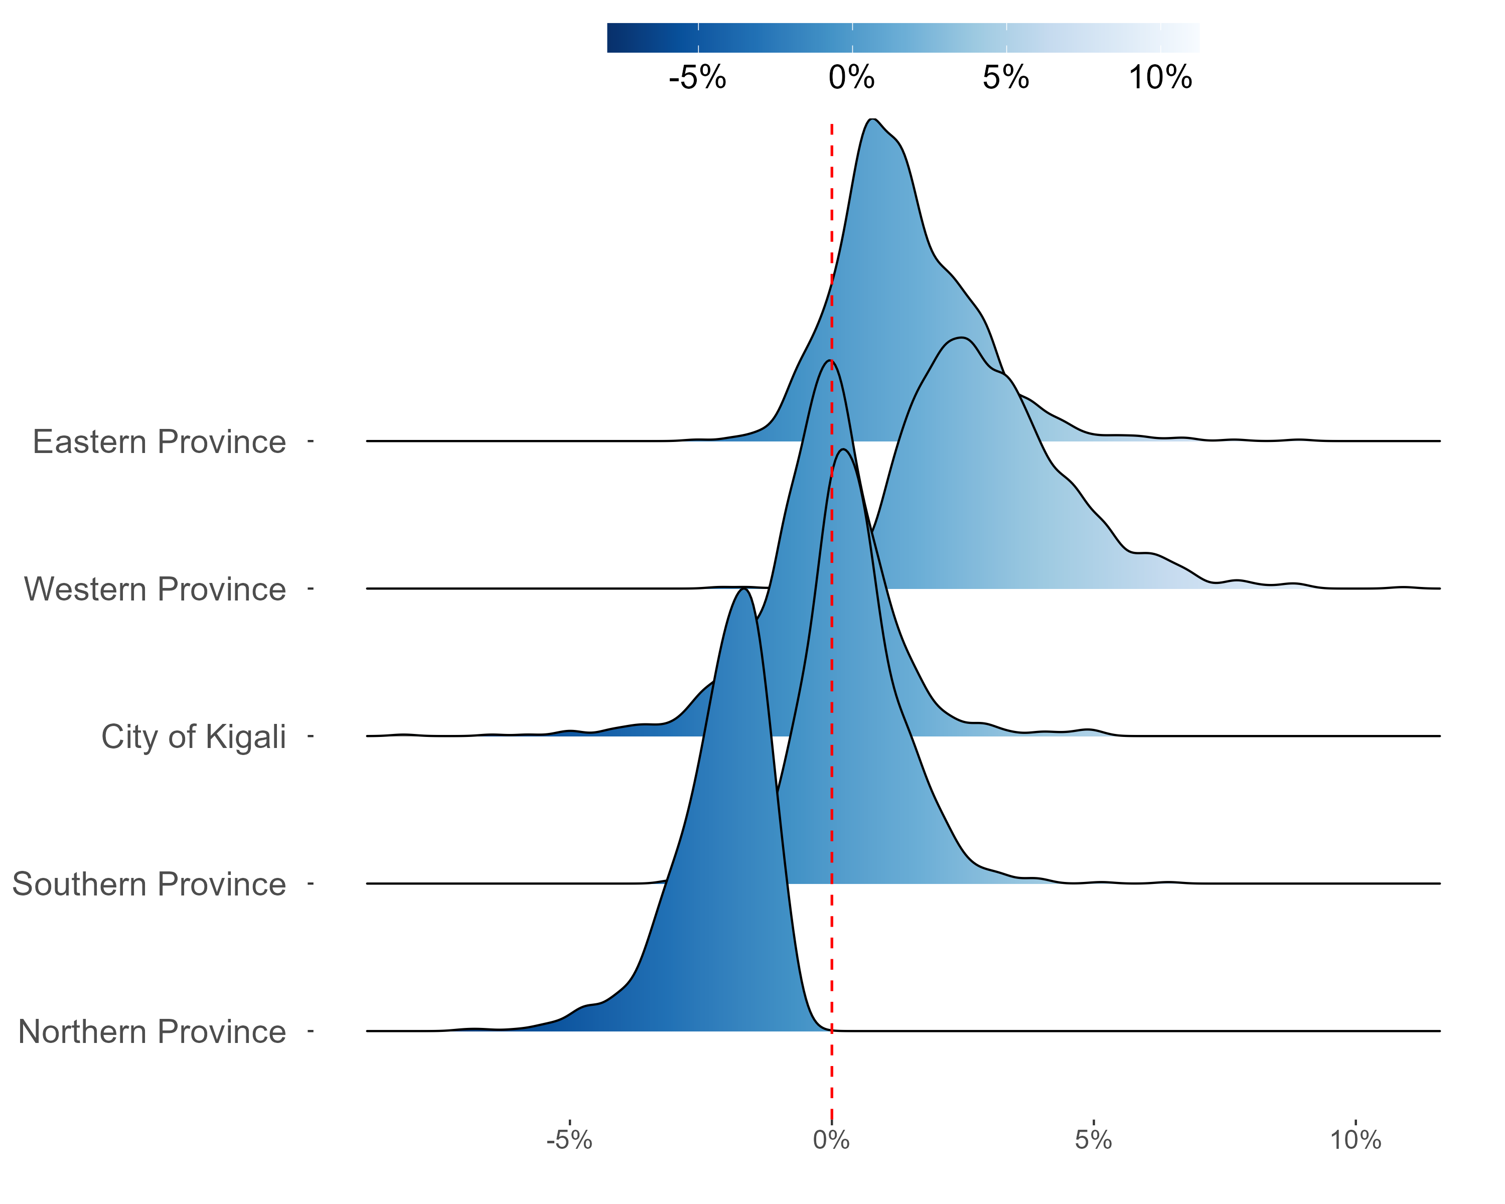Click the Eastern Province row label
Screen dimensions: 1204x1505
(x=159, y=442)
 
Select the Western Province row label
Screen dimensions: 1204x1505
(x=155, y=589)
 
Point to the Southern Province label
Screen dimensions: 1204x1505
(x=148, y=884)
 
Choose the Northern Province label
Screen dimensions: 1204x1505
(x=152, y=1031)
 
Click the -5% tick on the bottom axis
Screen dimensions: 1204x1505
(x=569, y=1140)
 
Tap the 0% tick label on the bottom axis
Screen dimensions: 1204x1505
(x=831, y=1140)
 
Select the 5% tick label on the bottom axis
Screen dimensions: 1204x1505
(x=1093, y=1140)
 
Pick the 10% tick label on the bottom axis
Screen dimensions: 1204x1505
(x=1355, y=1140)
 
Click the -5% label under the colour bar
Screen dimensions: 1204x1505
(x=697, y=77)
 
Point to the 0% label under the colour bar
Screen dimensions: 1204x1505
(x=852, y=77)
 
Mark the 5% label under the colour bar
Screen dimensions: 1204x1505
(x=1006, y=77)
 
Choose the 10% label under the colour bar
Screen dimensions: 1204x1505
(x=1160, y=77)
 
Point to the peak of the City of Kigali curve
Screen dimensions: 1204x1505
(x=830, y=361)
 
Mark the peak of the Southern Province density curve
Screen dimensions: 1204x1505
(x=843, y=449)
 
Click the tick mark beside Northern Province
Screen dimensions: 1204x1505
(x=311, y=1031)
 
